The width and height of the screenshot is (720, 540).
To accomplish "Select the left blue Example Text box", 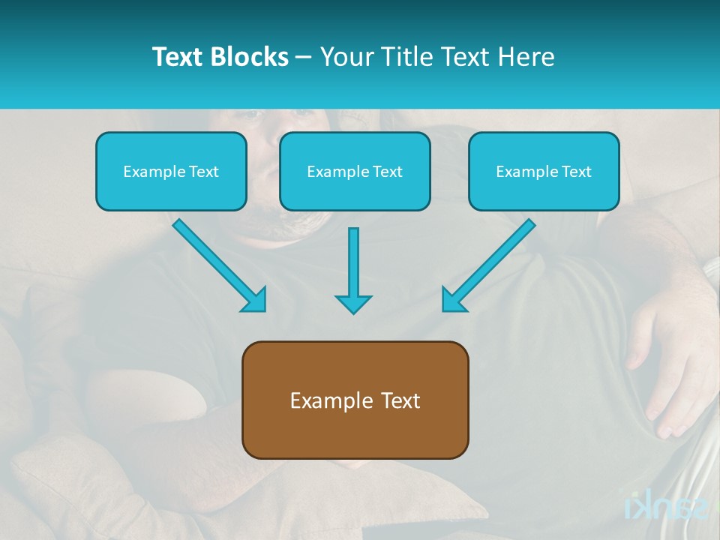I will coord(171,171).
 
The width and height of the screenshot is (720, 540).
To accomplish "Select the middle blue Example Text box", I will coord(355,171).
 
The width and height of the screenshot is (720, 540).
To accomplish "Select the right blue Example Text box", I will coord(544,171).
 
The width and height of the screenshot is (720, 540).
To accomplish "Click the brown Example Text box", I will coord(355,400).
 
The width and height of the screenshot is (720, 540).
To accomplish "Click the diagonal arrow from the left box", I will coord(217,263).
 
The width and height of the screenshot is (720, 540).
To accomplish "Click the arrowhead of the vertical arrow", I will coord(353,304).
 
